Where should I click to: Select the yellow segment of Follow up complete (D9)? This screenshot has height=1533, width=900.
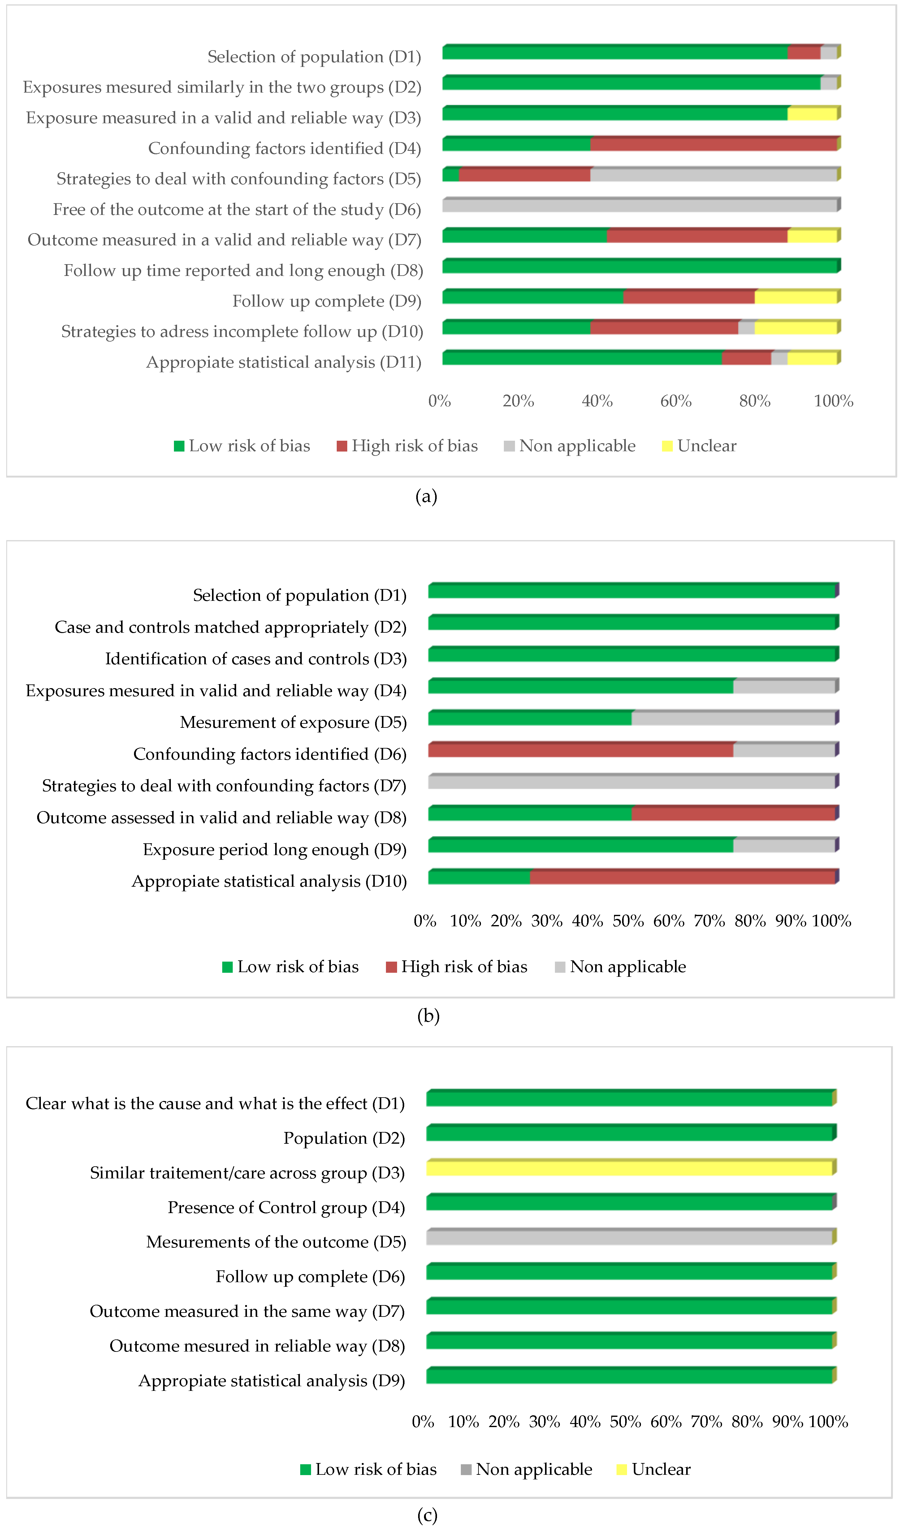coord(795,298)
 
